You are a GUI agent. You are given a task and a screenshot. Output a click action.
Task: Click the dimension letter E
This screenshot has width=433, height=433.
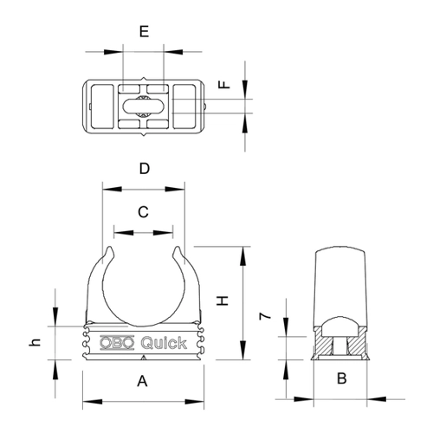click(144, 31)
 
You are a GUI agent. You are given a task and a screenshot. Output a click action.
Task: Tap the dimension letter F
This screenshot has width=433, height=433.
click(224, 84)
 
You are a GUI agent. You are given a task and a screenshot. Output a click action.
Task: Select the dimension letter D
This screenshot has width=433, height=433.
click(145, 169)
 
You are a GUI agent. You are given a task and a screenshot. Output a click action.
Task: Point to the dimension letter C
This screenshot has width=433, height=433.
click(144, 212)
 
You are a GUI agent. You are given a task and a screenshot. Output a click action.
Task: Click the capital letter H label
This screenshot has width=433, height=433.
click(223, 301)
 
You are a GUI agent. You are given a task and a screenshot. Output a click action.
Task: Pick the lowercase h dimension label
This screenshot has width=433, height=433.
click(35, 342)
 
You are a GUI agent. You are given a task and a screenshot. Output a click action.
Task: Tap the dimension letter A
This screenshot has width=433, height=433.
click(142, 381)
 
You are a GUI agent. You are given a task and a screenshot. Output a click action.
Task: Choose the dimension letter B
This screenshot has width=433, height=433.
click(342, 378)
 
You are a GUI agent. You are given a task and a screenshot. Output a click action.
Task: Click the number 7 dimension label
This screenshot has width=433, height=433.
click(265, 316)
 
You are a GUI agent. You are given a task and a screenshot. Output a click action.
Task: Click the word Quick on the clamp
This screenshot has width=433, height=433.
click(164, 343)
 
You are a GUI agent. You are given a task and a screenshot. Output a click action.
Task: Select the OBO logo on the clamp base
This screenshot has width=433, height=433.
click(117, 343)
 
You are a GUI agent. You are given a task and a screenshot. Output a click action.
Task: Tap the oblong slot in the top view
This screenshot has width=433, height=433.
click(144, 107)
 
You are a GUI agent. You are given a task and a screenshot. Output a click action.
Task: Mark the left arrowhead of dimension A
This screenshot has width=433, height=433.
click(93, 402)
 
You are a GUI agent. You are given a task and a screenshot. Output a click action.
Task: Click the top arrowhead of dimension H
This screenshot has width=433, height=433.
click(243, 256)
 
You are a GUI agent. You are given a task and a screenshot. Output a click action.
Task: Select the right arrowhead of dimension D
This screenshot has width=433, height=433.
click(175, 190)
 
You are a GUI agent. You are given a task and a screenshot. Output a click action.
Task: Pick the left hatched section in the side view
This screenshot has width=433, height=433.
click(323, 342)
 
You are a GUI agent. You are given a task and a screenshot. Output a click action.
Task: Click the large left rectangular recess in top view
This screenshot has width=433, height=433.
click(101, 107)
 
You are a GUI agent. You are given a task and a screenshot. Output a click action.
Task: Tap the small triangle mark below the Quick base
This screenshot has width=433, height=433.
click(143, 358)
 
